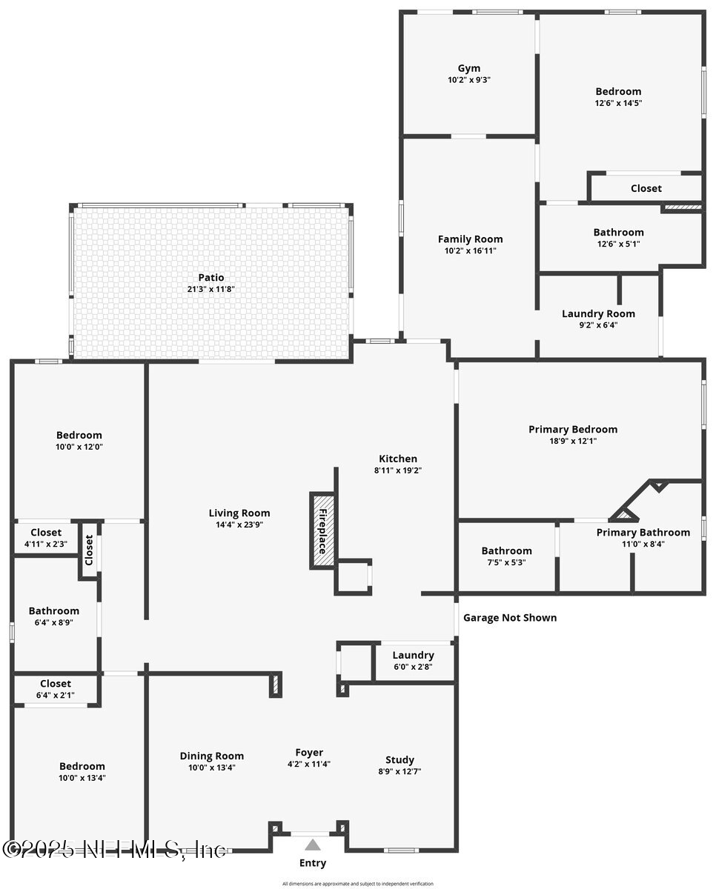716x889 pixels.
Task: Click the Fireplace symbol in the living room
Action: [x=322, y=531]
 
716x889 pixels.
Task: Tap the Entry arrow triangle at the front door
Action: [x=313, y=845]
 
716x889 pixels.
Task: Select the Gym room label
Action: [x=468, y=68]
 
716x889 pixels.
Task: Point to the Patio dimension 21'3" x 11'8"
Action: [x=211, y=290]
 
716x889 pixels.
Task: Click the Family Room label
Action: [x=470, y=239]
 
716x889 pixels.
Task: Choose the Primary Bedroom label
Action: [x=572, y=429]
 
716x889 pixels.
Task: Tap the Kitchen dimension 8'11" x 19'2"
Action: [x=398, y=470]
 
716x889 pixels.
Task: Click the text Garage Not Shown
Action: [x=509, y=617]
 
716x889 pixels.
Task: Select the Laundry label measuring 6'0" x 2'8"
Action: [x=413, y=655]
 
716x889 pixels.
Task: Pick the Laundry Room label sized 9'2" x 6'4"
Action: [x=598, y=313]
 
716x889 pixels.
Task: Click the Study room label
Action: [x=400, y=759]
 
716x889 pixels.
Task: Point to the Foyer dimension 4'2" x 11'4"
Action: [x=309, y=765]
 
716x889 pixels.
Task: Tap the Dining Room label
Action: [x=211, y=756]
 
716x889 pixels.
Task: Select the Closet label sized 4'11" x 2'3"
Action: [x=46, y=533]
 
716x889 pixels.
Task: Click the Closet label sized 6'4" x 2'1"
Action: [x=56, y=683]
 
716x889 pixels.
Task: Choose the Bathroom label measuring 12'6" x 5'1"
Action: [x=618, y=232]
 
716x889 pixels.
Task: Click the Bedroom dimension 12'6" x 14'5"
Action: [x=617, y=104]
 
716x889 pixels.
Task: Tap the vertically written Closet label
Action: [x=89, y=549]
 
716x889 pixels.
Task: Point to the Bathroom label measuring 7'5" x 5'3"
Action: [x=506, y=550]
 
